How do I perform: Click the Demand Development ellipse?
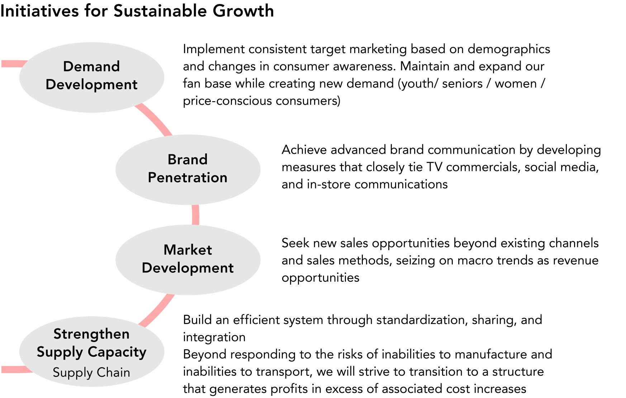click(x=92, y=77)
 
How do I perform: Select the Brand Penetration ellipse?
click(x=188, y=169)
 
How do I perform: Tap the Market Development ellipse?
click(x=188, y=260)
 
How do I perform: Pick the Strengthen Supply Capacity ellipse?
click(x=92, y=351)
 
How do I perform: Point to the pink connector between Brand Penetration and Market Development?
click(x=195, y=215)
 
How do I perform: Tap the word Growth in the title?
click(x=243, y=11)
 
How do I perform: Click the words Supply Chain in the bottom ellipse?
click(x=91, y=373)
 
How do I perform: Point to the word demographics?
click(x=509, y=50)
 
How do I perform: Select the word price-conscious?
click(x=227, y=101)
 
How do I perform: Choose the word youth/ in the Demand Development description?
click(x=419, y=84)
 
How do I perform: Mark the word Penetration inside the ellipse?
click(x=188, y=178)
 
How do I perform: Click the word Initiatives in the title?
click(x=39, y=11)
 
